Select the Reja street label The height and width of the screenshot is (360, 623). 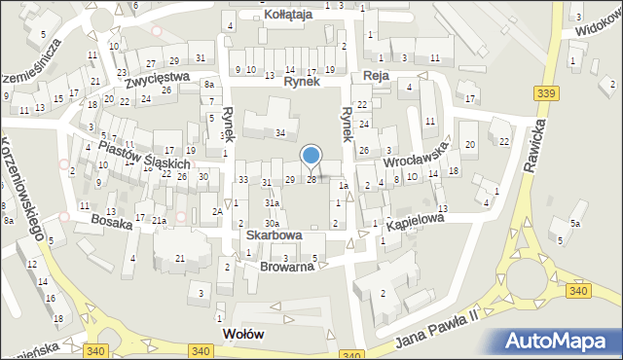coord(376,76)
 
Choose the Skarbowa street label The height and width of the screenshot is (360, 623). coord(274,235)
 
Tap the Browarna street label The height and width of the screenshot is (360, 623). coord(287,264)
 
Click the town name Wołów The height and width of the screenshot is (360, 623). coord(244,334)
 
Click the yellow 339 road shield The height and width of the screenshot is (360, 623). coord(546,93)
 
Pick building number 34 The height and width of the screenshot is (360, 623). coord(280,132)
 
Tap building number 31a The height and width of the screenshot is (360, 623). coord(274,202)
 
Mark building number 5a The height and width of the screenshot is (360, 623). coord(576,224)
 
